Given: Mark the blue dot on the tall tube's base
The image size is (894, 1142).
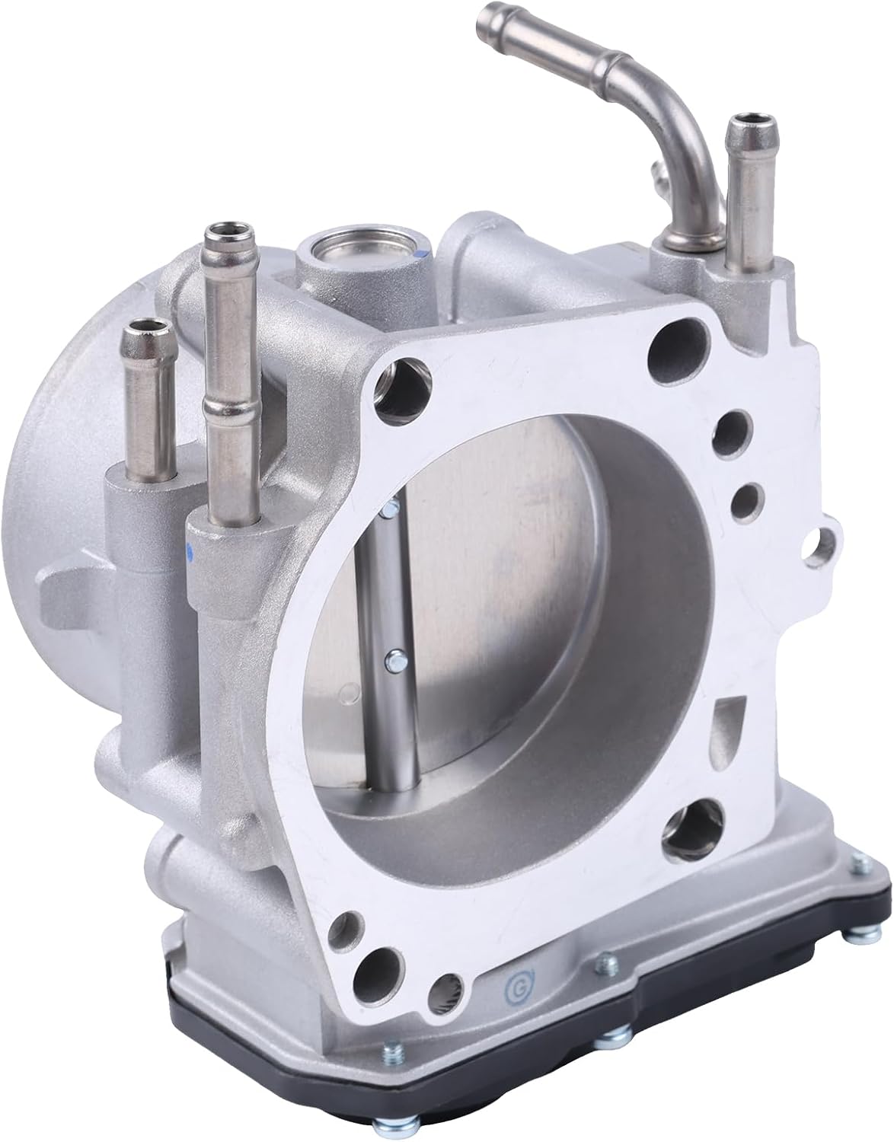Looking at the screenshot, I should point(193,547).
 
